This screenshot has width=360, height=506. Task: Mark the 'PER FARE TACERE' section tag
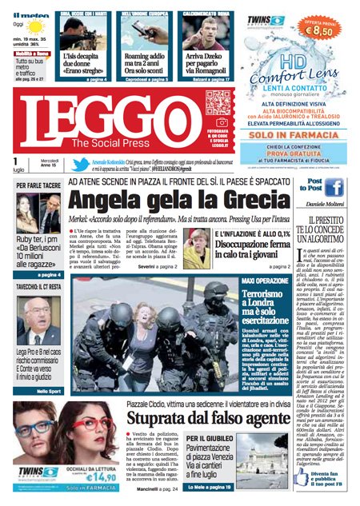pos(38,185)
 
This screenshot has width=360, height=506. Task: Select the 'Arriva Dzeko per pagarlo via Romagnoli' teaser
pos(206,63)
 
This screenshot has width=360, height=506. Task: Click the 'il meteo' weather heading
pos(30,14)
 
